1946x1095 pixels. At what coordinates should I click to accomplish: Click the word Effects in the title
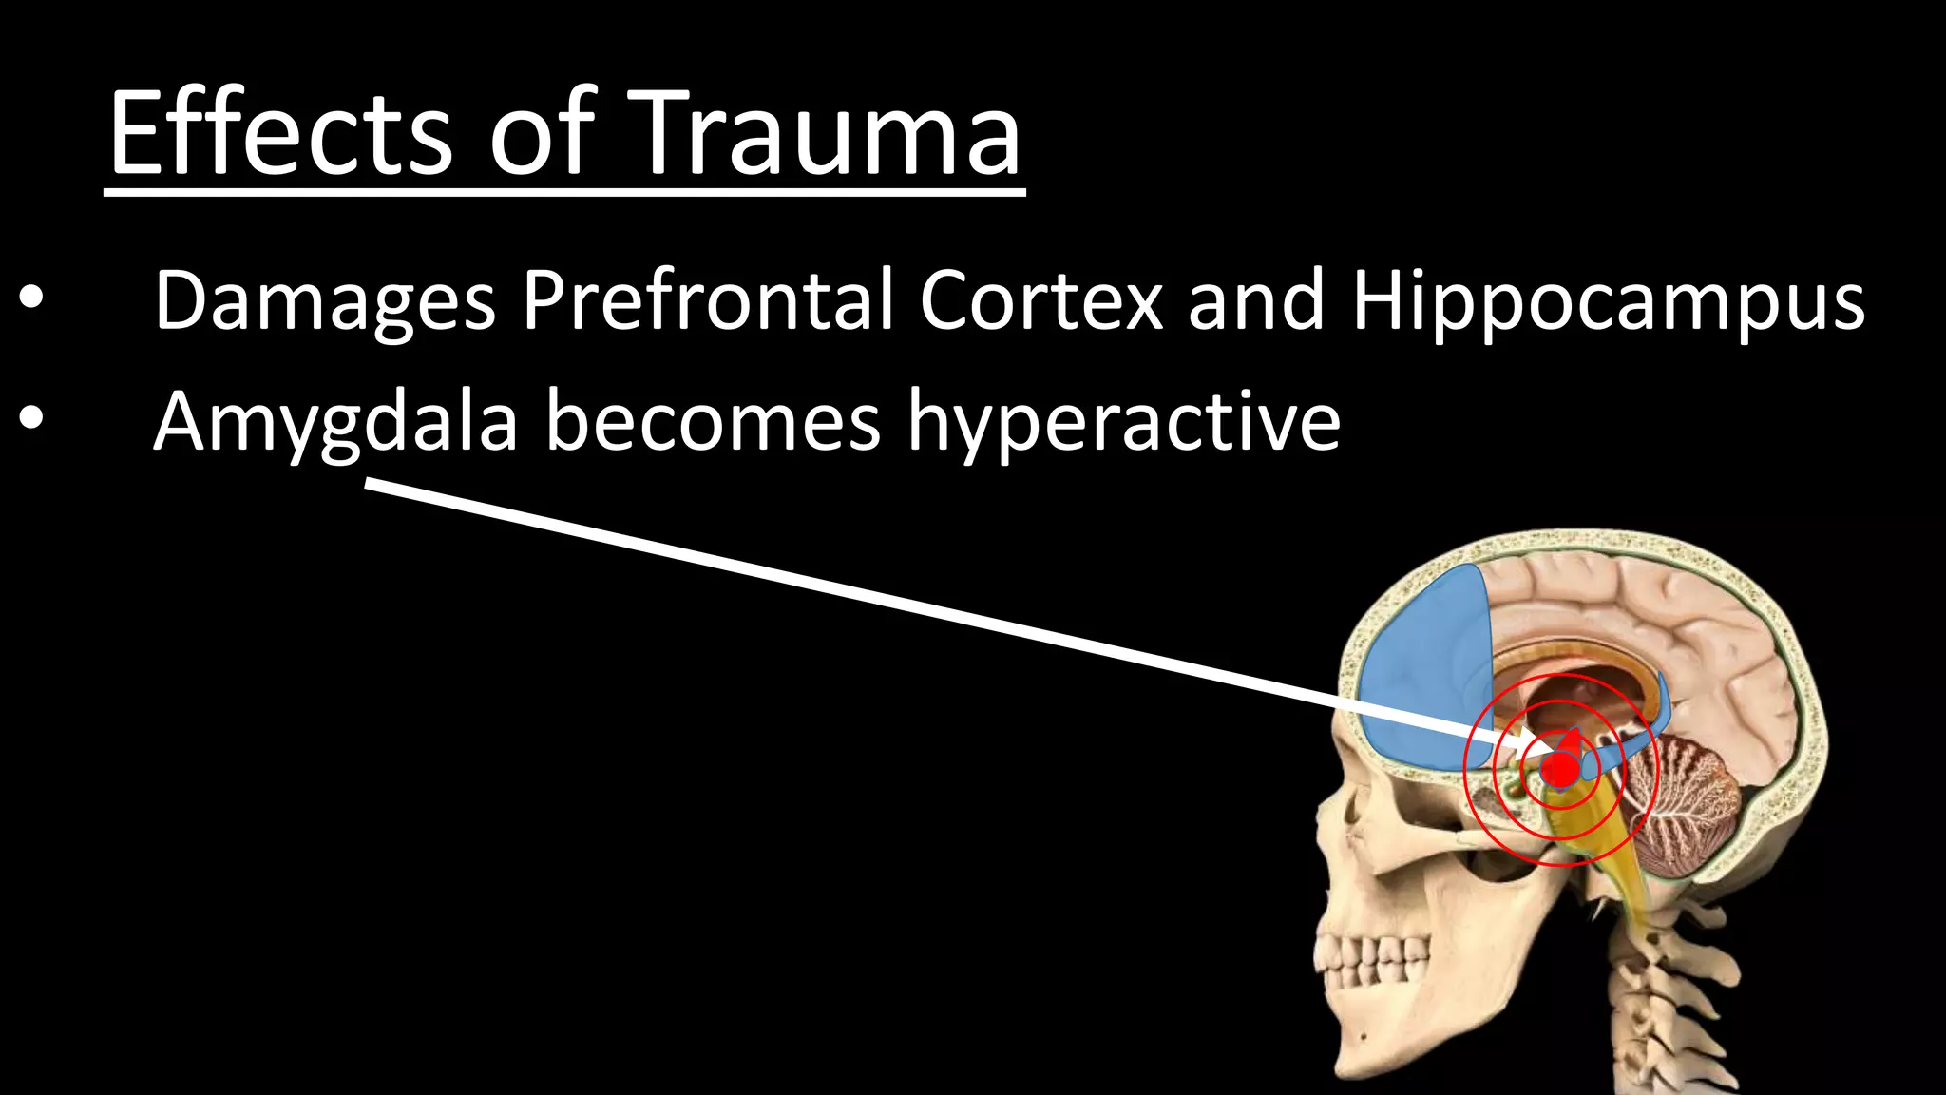tap(280, 133)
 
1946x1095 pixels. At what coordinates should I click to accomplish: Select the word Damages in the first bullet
tap(324, 301)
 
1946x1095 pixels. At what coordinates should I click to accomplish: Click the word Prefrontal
tap(707, 299)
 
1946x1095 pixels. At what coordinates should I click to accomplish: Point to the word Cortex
tap(1040, 299)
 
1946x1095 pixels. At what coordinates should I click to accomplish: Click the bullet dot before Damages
tap(30, 299)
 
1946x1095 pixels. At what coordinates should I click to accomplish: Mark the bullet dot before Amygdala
tap(30, 419)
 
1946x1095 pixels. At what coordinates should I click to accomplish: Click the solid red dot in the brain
tap(1559, 769)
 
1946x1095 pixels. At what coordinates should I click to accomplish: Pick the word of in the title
tap(542, 133)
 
